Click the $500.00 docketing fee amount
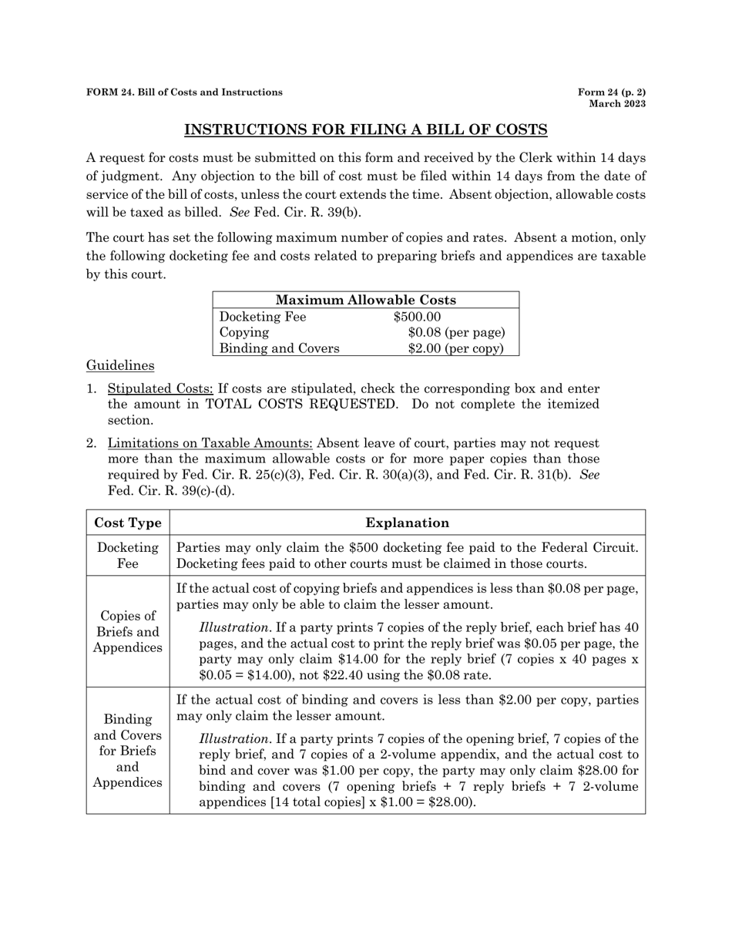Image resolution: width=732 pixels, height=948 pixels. point(417,317)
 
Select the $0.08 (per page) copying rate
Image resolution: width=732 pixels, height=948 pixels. point(456,332)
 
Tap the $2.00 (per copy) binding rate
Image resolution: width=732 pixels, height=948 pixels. point(455,348)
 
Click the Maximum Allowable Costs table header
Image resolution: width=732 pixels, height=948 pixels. point(365,301)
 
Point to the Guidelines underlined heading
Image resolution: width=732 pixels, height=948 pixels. point(120,365)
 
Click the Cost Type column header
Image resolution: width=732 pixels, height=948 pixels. point(128,523)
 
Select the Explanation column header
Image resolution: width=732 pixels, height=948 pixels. point(407,523)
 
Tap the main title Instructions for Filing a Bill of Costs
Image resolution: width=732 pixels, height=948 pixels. point(365,129)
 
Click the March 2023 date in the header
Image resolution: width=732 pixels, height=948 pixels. point(617,103)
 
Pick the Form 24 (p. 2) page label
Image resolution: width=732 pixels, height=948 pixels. point(612,92)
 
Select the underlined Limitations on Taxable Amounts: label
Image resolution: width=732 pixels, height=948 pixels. point(210,443)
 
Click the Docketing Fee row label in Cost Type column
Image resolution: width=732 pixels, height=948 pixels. point(128,555)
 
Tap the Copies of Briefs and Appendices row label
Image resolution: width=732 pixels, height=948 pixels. point(128,631)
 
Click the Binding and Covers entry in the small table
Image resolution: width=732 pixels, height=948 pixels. point(279,348)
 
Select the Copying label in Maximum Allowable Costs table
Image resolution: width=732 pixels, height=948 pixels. point(244,332)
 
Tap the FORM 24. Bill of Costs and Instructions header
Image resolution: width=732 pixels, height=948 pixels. point(184,92)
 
